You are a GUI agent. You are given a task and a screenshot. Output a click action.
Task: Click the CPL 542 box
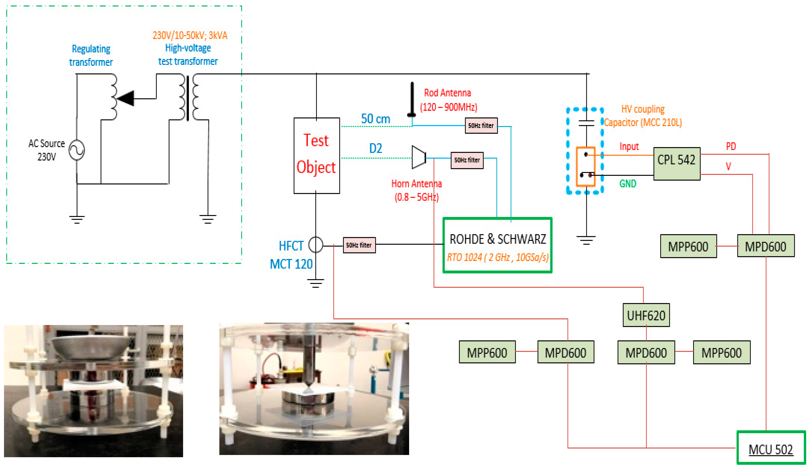676,164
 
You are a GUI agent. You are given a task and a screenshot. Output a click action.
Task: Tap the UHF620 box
646,315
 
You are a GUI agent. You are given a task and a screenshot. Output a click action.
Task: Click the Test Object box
316,156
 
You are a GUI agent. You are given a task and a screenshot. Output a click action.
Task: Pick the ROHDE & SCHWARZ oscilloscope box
497,245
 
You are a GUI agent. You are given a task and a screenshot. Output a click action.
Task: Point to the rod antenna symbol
412,100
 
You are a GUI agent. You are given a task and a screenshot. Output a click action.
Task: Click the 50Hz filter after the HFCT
359,245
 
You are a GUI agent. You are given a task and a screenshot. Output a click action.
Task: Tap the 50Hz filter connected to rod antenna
481,125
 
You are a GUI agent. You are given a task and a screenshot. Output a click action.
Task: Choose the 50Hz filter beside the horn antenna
467,160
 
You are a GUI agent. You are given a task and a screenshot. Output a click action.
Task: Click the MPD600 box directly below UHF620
646,352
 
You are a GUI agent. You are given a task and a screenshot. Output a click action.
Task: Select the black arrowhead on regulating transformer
126,98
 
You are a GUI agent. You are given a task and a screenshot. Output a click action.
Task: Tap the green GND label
627,184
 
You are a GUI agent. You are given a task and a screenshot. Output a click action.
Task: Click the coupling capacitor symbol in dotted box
586,122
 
